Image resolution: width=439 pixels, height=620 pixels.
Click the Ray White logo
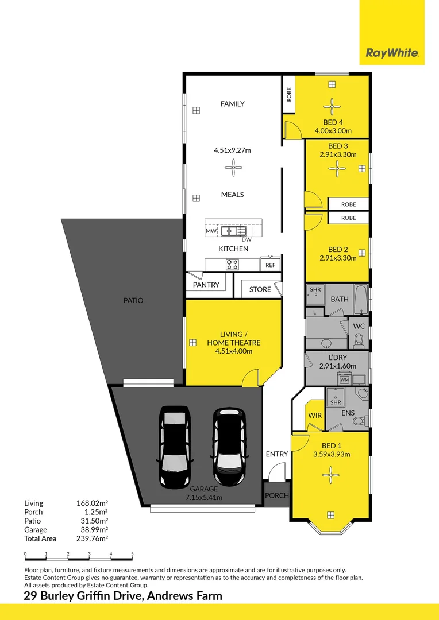392,53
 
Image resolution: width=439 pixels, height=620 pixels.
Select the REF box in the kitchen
271,265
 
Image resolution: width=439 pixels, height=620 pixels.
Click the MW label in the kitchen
211,231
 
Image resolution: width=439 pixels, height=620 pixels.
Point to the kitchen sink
233,231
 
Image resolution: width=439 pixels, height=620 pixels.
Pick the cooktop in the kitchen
232,264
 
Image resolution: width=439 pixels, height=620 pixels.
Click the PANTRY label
206,285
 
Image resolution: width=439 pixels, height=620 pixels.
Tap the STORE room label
260,289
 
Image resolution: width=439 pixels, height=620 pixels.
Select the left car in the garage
174,447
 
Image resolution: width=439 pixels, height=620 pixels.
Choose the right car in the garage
230,447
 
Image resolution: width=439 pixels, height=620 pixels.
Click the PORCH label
277,495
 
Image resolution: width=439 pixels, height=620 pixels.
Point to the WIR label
315,416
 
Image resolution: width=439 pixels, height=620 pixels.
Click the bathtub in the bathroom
361,299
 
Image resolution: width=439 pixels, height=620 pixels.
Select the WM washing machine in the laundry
344,379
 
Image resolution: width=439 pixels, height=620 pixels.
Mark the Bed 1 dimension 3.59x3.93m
332,454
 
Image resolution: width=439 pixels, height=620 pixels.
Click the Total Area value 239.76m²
92,538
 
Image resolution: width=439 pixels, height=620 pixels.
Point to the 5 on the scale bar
132,553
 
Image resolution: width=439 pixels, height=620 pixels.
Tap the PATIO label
133,300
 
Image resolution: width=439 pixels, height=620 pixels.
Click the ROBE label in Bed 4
289,95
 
